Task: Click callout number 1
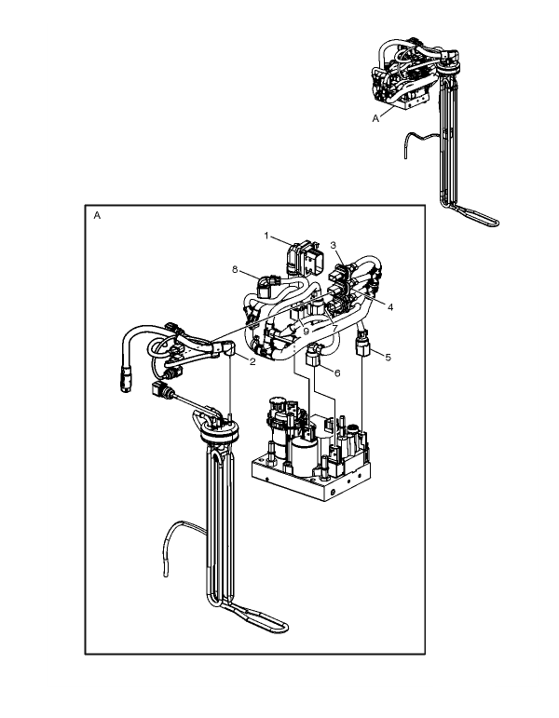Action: pyautogui.click(x=266, y=236)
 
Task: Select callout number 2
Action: pyautogui.click(x=252, y=361)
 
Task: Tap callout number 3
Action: pyautogui.click(x=334, y=245)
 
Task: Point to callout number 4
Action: pyautogui.click(x=390, y=307)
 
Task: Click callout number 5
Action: pyautogui.click(x=389, y=358)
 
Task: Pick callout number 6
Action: pyautogui.click(x=337, y=373)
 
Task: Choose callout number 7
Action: pyautogui.click(x=335, y=329)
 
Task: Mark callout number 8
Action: pyautogui.click(x=235, y=269)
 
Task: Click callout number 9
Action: pyautogui.click(x=307, y=331)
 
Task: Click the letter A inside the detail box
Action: pyautogui.click(x=97, y=215)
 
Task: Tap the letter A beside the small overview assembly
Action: pyautogui.click(x=375, y=118)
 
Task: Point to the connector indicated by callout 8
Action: pyautogui.click(x=266, y=286)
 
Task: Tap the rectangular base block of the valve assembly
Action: pyautogui.click(x=311, y=481)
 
